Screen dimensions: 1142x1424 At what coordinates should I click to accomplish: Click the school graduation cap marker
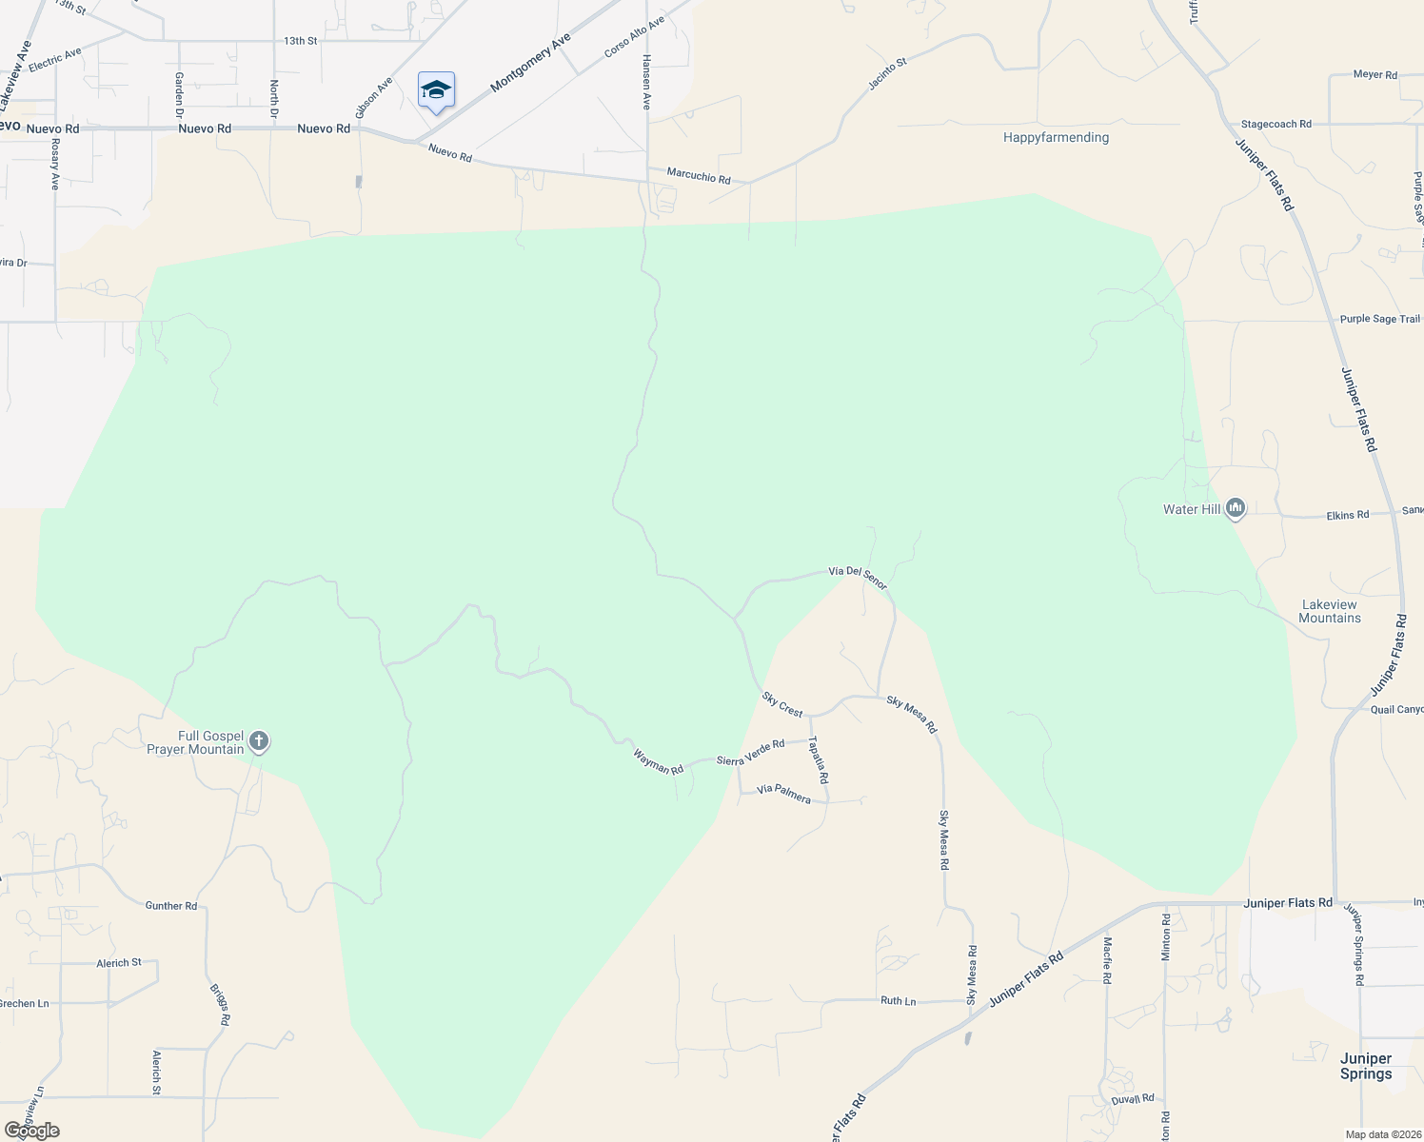click(436, 90)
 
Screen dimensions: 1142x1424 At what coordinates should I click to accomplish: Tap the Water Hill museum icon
click(1236, 509)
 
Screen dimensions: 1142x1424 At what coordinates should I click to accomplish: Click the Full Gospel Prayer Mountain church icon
click(258, 742)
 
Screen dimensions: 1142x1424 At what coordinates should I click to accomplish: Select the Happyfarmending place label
click(1056, 137)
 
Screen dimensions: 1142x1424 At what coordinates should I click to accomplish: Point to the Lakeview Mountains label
click(1329, 611)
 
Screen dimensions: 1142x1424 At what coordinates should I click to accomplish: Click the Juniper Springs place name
click(1365, 1066)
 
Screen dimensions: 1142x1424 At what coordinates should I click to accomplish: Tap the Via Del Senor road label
click(858, 577)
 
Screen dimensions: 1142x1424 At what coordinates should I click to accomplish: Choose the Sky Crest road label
click(782, 704)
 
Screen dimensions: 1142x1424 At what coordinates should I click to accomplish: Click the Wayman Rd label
click(659, 761)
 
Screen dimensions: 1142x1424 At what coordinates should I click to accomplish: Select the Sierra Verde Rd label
click(750, 752)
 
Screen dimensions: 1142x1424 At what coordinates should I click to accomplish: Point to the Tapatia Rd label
click(818, 759)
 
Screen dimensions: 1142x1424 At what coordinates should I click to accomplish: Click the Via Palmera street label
click(783, 794)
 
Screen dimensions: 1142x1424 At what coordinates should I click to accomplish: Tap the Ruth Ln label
click(898, 1000)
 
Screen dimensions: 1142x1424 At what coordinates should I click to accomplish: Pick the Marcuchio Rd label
click(699, 176)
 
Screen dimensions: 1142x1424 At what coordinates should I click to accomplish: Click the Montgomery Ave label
click(530, 63)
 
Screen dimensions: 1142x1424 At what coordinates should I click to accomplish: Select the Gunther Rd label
click(171, 905)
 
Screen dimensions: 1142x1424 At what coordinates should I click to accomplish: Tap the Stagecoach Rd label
click(1276, 124)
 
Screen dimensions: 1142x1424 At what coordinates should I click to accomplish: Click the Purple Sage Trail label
click(1379, 319)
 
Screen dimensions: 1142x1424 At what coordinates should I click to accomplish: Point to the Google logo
click(31, 1131)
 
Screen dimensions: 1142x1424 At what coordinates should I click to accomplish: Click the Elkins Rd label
click(1347, 515)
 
